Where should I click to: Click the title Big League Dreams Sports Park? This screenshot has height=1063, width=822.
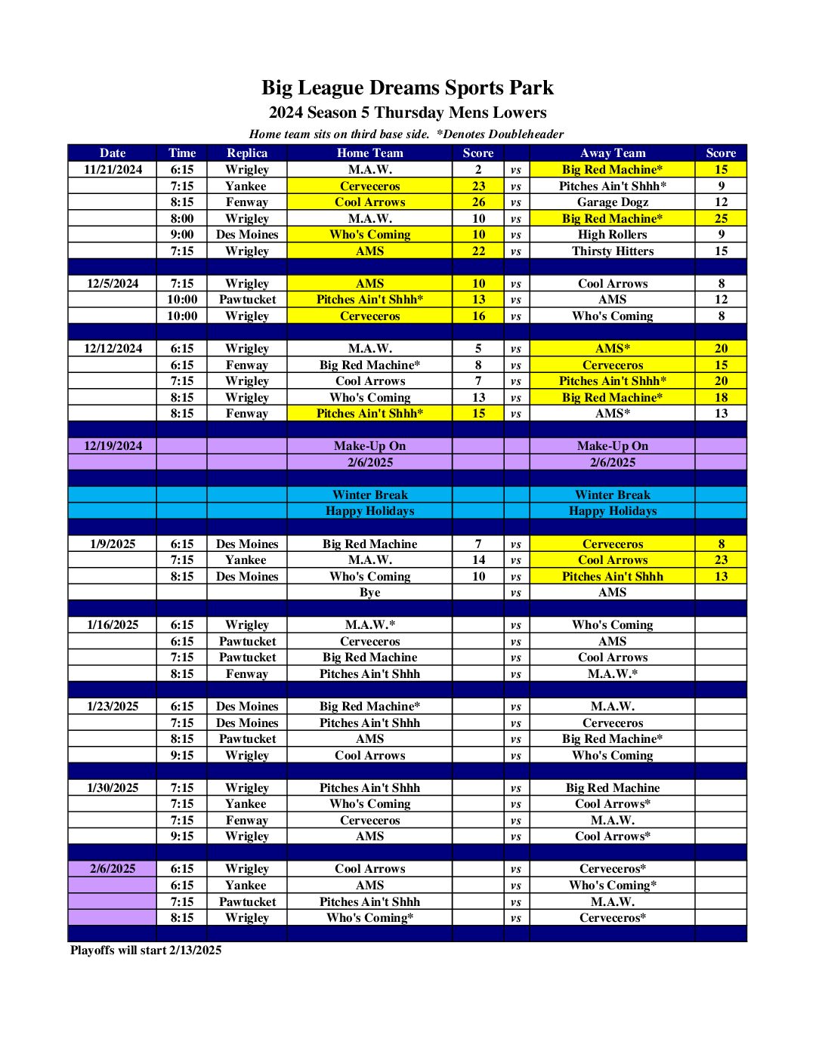[407, 88]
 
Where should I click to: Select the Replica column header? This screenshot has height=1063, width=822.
[247, 153]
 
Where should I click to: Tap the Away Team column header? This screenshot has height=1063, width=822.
[612, 153]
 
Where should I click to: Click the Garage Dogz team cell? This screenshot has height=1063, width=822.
[612, 202]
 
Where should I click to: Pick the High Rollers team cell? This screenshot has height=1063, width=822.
[612, 235]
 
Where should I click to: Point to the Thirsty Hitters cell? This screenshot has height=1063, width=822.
[612, 251]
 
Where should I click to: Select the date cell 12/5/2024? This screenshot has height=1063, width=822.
[113, 284]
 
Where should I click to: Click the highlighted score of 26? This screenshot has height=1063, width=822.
[478, 202]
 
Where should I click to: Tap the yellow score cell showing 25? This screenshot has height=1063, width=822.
[721, 219]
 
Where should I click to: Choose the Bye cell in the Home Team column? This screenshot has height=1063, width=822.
[369, 593]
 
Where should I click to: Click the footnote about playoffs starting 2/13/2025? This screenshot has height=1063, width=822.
[146, 950]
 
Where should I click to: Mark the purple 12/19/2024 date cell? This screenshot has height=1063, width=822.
[113, 446]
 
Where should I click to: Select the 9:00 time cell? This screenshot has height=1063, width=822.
[182, 235]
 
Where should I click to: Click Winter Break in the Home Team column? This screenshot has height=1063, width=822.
[369, 495]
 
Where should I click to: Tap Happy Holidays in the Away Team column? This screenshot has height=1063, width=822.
[612, 511]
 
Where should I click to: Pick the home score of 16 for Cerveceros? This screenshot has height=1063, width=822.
[478, 316]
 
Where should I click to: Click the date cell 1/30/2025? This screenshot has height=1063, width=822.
[113, 788]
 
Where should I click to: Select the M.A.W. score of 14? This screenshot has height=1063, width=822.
[478, 560]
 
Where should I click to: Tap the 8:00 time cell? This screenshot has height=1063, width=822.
[182, 219]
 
